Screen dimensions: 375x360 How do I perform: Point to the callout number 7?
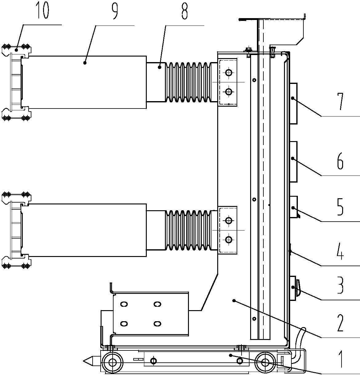tap(340, 103)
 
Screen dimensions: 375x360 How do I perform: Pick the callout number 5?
tap(340, 208)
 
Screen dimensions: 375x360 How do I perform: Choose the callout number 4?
tap(340, 252)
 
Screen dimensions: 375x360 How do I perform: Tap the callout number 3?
tap(340, 285)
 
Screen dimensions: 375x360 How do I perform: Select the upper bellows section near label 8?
tap(188, 82)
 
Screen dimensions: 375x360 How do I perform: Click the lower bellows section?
tap(188, 230)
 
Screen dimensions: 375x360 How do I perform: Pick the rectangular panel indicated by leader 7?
tap(293, 104)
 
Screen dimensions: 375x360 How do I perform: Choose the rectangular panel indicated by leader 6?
tap(293, 161)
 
